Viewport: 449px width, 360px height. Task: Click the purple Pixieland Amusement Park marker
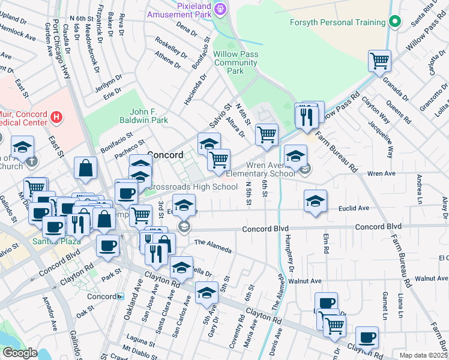tap(220, 8)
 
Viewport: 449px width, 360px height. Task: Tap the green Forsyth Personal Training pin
tap(394, 22)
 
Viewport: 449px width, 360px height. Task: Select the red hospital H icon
tap(56, 116)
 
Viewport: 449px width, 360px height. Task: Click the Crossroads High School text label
tap(192, 187)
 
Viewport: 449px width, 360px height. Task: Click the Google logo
tap(19, 353)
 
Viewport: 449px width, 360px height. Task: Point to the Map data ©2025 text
tap(423, 355)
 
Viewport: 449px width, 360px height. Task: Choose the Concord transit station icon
tap(121, 296)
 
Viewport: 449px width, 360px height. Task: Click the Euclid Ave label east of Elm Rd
tap(354, 208)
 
